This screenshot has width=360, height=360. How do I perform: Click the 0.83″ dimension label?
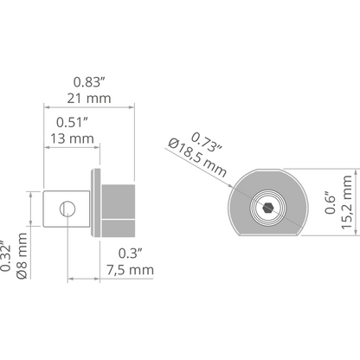coord(88,82)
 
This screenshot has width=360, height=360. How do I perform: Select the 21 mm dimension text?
coord(89,99)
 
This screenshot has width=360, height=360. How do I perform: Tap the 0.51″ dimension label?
coord(72,122)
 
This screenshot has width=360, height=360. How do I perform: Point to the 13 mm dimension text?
coord(72,138)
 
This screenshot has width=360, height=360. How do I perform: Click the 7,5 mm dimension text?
coord(130,270)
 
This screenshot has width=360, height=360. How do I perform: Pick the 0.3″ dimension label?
coord(131,254)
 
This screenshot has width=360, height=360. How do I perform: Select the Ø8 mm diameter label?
coord(22,256)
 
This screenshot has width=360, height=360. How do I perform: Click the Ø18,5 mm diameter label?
coord(197,158)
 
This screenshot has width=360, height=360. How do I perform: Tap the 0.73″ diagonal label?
coord(207,142)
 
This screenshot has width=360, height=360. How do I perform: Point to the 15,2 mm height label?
coord(347,202)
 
